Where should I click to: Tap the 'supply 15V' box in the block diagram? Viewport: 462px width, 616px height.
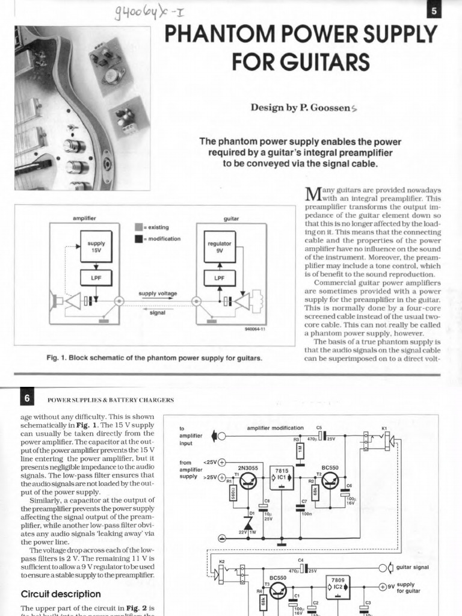pos(96,247)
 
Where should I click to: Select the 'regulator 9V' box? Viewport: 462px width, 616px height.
pos(220,247)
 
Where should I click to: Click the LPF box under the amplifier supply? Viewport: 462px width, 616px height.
pos(96,279)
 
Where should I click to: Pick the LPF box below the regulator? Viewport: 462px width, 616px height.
pos(220,279)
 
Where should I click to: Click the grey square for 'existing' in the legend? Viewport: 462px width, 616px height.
pos(138,227)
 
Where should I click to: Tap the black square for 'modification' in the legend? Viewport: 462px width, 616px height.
pos(138,239)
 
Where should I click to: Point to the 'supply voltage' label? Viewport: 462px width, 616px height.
pos(158,294)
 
